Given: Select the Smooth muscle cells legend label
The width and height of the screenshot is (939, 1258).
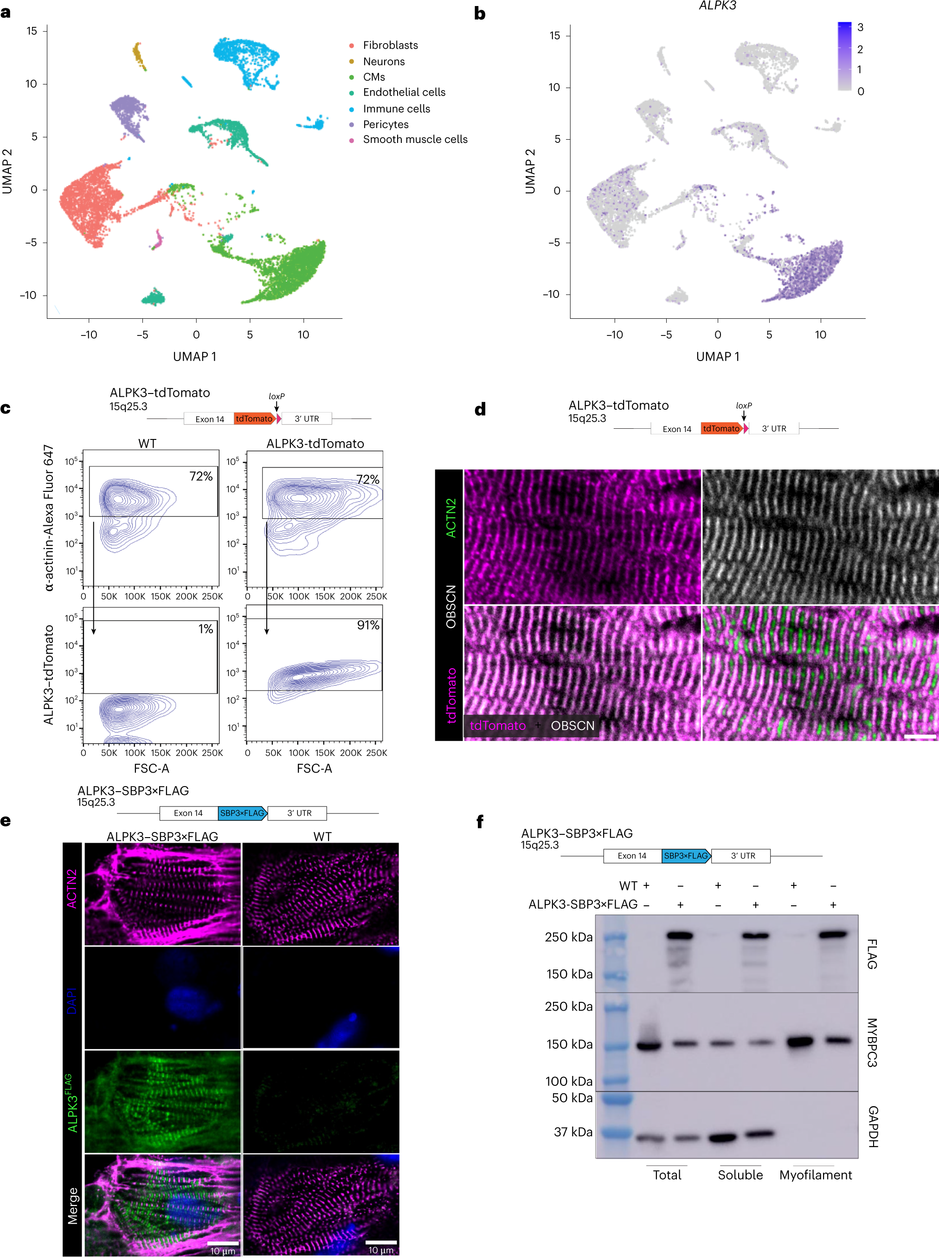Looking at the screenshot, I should [x=415, y=139].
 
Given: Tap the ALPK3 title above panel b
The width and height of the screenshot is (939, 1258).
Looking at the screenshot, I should [x=717, y=6].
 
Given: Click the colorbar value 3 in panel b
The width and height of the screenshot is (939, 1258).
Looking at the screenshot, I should [x=860, y=27].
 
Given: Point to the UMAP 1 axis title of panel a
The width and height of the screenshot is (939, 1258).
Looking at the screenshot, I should [x=194, y=356].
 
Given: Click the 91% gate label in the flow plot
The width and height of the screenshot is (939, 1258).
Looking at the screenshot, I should [x=368, y=626].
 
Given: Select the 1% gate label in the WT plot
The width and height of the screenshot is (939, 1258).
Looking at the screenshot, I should [x=205, y=629].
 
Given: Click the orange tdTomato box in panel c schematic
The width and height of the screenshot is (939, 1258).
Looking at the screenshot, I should [x=254, y=419].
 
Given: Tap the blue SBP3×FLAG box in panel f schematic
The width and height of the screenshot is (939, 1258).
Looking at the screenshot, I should [x=686, y=856].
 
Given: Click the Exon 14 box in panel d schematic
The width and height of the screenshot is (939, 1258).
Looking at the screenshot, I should [x=676, y=429].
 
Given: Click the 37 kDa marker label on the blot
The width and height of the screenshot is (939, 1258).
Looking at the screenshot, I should [x=573, y=1132].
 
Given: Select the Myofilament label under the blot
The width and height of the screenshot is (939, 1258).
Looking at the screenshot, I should [x=815, y=1175].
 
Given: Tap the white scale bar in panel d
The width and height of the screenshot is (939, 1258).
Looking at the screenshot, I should [x=919, y=737].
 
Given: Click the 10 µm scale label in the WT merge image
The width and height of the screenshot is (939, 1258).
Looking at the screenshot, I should [x=381, y=1251].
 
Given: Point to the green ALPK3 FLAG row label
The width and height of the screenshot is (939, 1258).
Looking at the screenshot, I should [x=71, y=1103].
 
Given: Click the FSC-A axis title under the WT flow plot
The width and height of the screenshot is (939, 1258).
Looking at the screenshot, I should [x=151, y=768].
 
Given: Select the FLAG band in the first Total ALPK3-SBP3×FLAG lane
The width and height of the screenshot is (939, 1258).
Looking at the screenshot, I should [x=680, y=935].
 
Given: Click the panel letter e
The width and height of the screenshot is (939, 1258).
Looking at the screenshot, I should [x=6, y=821].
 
